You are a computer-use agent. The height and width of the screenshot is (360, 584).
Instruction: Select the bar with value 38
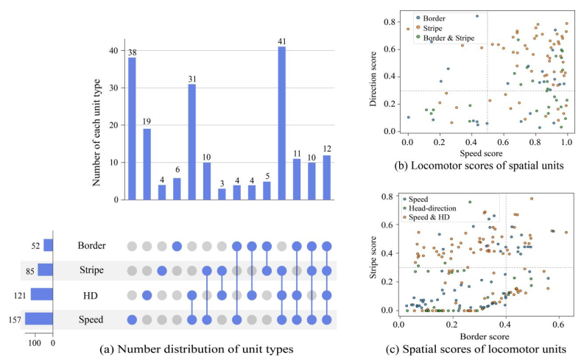click(x=132, y=128)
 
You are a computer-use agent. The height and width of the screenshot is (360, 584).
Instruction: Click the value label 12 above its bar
click(x=326, y=149)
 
